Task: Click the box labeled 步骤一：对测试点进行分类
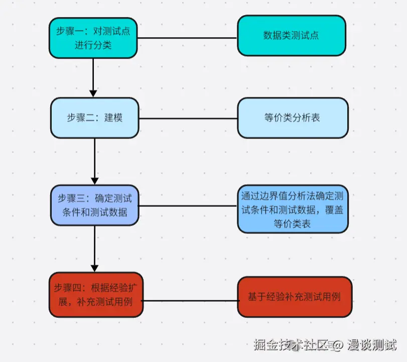93,38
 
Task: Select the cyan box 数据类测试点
291,35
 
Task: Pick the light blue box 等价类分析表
292,118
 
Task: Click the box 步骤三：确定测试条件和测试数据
94,204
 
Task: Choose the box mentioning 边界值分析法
292,208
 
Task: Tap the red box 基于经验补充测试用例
294,297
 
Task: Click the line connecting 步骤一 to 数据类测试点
187,38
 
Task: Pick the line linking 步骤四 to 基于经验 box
190,301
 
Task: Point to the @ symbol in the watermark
338,345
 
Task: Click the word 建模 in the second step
113,118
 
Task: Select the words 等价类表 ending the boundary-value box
292,224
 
